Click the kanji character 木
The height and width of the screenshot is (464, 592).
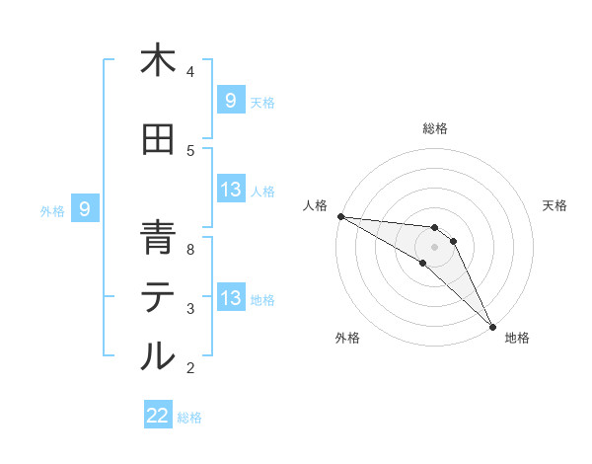tap(158, 61)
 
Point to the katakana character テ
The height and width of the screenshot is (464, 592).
tap(158, 299)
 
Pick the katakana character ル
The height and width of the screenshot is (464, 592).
tap(158, 355)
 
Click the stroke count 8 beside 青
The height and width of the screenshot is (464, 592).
tap(191, 250)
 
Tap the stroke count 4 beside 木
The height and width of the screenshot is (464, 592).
tap(190, 72)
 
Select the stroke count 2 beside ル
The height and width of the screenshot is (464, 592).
tap(190, 368)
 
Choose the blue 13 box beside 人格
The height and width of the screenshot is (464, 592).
tap(231, 191)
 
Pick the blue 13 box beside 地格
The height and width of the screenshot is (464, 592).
tap(231, 299)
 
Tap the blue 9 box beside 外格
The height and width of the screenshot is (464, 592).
tap(85, 209)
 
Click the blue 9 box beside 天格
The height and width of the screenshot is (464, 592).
tap(231, 101)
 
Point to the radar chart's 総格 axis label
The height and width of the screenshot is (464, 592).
tap(435, 128)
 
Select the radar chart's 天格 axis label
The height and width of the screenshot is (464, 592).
tap(555, 205)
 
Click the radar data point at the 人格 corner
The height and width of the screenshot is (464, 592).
tap(340, 216)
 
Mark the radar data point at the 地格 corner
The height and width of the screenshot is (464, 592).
tap(492, 327)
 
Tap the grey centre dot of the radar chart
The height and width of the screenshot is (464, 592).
tap(435, 247)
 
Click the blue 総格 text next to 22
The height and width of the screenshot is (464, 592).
tap(189, 418)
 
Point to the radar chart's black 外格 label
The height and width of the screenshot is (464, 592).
tap(347, 338)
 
